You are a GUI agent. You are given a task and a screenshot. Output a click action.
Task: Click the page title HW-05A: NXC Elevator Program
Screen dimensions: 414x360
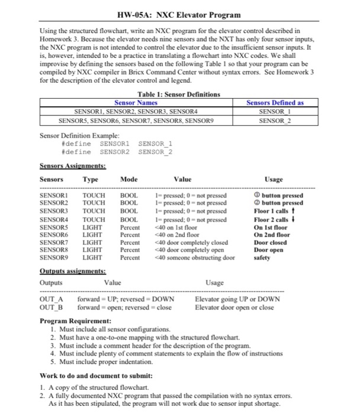tap(179, 14)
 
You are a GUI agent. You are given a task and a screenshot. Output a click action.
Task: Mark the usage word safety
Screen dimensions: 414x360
tap(263, 258)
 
